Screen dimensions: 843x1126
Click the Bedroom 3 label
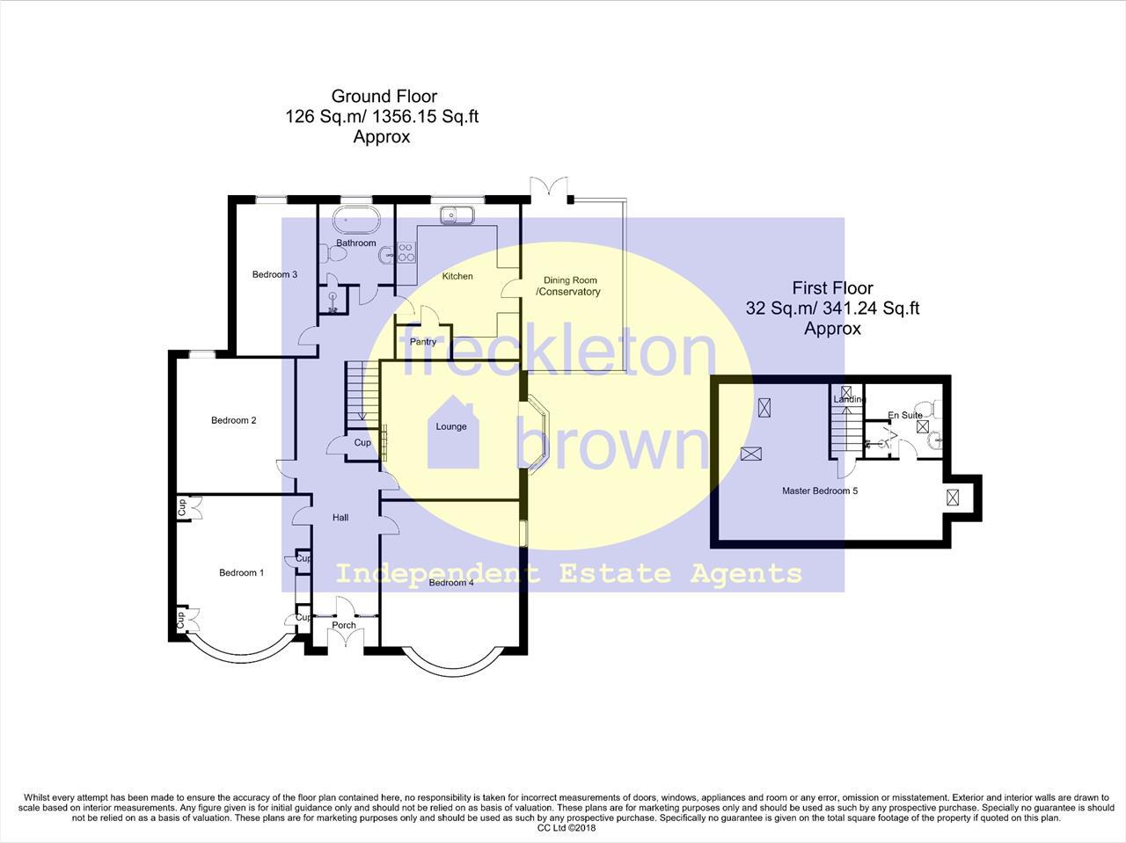(x=274, y=274)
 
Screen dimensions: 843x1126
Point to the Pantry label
(x=423, y=342)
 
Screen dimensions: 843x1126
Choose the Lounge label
(x=451, y=427)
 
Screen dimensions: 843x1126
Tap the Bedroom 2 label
(x=233, y=420)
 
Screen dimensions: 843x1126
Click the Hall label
(x=340, y=518)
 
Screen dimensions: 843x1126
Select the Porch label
(x=344, y=626)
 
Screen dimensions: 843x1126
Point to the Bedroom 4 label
(x=451, y=582)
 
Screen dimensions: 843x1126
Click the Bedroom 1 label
(x=241, y=573)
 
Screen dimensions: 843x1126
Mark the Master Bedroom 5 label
(x=820, y=491)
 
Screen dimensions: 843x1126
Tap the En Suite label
(x=905, y=415)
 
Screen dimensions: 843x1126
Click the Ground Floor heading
(x=384, y=97)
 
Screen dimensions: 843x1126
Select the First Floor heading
(x=832, y=287)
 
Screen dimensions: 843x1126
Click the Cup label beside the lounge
(x=362, y=443)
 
